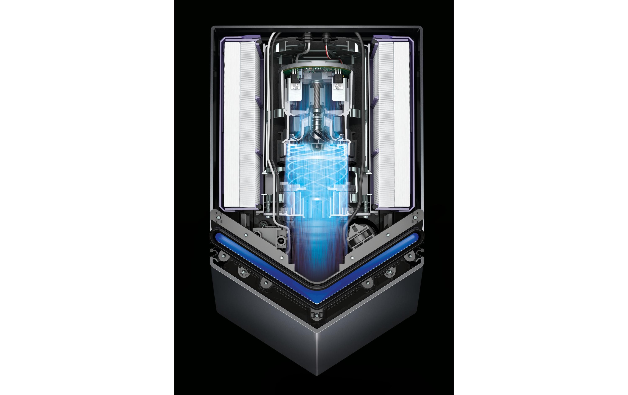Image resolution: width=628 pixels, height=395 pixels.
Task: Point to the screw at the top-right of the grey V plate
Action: (415, 217)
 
